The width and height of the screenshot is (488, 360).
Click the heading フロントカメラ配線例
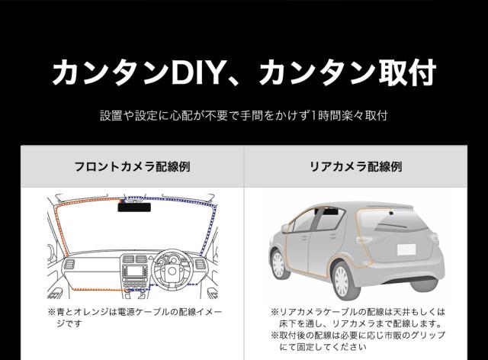tap(131, 166)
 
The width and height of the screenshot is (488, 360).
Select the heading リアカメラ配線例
tap(366, 166)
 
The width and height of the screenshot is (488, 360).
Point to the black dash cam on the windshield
tap(133, 205)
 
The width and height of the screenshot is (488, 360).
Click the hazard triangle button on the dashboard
tap(133, 259)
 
